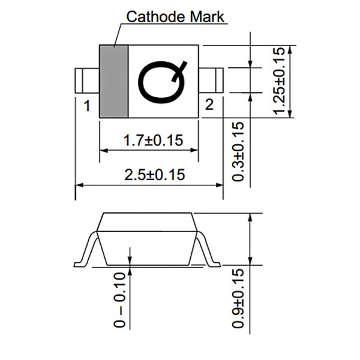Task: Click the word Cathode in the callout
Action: (x=157, y=17)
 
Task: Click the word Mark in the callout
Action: (x=207, y=17)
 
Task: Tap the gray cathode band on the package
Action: (x=114, y=82)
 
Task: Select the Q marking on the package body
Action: (x=162, y=82)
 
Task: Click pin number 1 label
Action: (x=87, y=106)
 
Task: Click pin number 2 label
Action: (x=209, y=104)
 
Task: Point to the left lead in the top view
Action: (x=87, y=80)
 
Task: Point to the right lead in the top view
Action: (x=211, y=80)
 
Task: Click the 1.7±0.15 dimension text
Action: (x=154, y=140)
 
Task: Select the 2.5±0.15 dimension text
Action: (x=155, y=175)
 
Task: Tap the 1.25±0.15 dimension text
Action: (x=279, y=81)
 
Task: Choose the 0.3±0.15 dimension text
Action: (x=238, y=152)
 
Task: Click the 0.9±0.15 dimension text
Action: (x=238, y=298)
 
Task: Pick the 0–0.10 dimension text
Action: (x=120, y=300)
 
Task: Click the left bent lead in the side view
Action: (x=86, y=250)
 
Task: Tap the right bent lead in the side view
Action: (x=208, y=250)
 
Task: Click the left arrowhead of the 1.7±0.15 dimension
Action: (x=104, y=151)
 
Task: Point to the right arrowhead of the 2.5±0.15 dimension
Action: (x=219, y=185)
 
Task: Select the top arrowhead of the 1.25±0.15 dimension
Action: (x=290, y=50)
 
